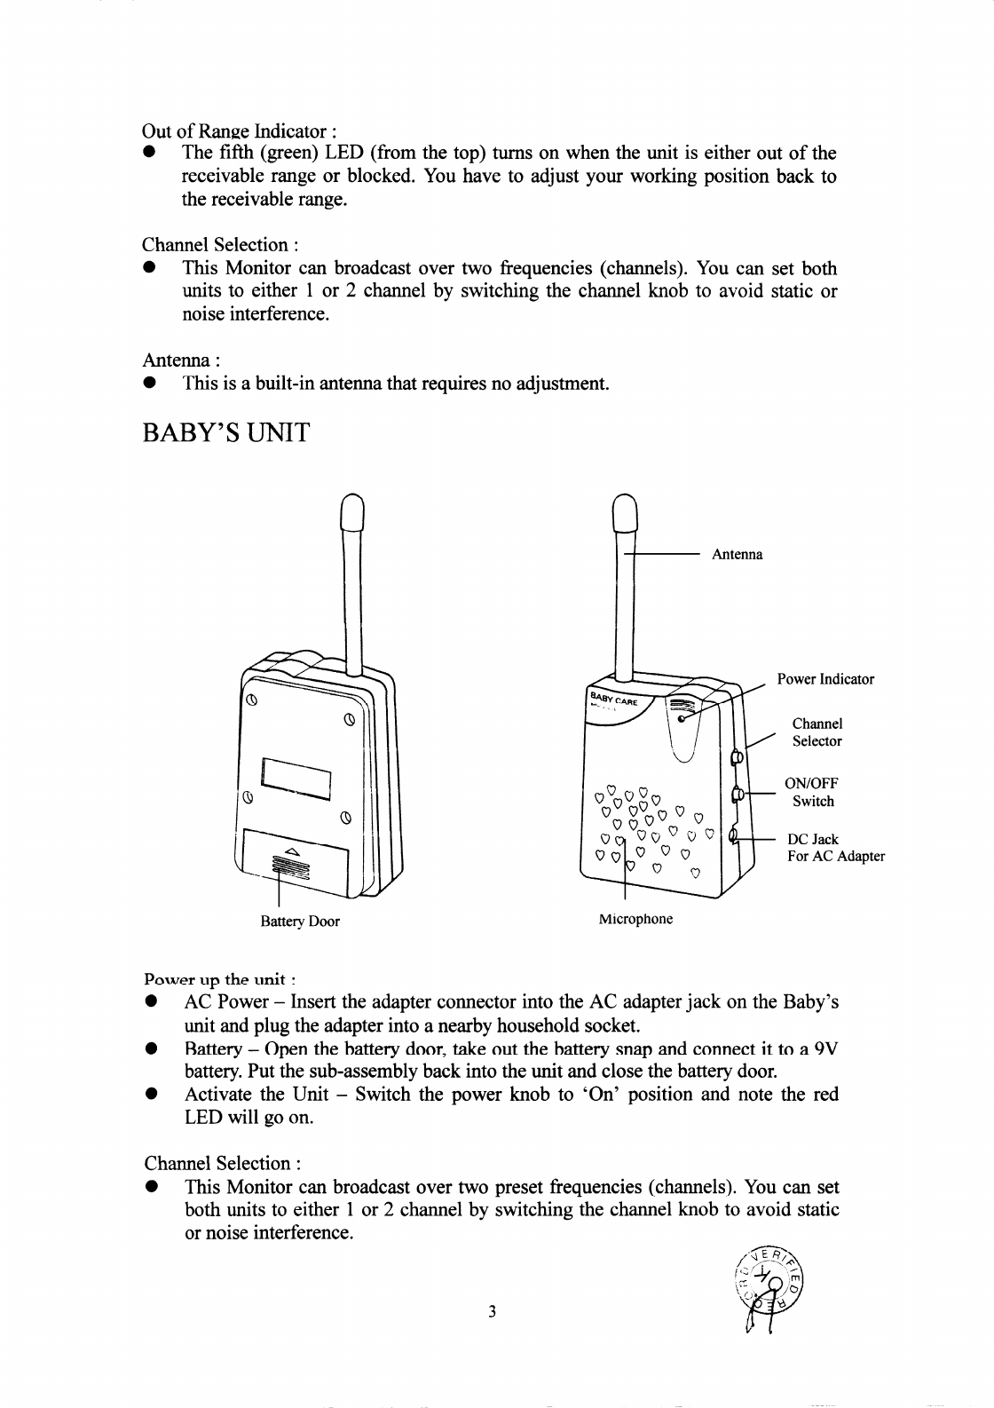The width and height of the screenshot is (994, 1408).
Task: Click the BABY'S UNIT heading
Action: [x=226, y=434]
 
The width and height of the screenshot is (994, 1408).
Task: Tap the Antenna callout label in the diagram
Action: [x=737, y=555]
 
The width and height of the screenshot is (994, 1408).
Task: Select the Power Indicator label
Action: [x=825, y=679]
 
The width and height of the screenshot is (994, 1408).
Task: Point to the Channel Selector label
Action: [x=817, y=732]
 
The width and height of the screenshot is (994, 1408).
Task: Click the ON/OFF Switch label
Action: [x=812, y=792]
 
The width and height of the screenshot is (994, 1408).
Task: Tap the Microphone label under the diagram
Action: [x=635, y=919]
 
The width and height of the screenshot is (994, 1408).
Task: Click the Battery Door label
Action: [x=299, y=922]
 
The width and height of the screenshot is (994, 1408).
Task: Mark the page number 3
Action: [x=492, y=1312]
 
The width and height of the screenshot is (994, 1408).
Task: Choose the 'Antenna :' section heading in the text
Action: [x=181, y=360]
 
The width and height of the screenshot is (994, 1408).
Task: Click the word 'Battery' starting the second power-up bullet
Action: [x=211, y=1049]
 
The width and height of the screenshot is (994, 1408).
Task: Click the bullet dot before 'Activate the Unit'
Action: [x=152, y=1095]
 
